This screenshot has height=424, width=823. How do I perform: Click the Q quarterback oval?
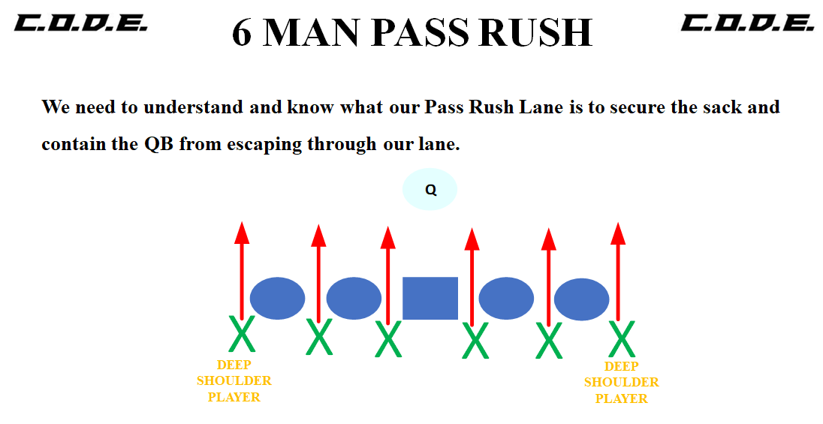[x=430, y=189]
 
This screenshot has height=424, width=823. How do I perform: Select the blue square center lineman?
[x=430, y=298]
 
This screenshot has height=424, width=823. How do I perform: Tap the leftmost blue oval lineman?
[x=277, y=298]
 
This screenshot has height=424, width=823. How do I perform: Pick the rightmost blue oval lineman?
[x=581, y=299]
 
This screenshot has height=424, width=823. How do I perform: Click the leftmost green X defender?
[x=242, y=335]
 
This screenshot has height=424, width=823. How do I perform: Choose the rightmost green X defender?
[x=622, y=339]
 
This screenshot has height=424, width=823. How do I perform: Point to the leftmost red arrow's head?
[x=242, y=233]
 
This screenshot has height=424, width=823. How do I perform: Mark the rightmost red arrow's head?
[x=618, y=233]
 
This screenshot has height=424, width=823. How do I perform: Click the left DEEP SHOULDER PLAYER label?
[x=234, y=381]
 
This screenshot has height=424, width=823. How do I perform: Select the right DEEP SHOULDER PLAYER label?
[x=622, y=383]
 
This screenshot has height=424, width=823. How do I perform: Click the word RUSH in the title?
[x=530, y=32]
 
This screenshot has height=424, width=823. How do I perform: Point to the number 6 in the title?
[x=241, y=32]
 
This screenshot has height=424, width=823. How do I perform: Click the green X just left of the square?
[x=388, y=340]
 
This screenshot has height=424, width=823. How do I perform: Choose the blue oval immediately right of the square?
[x=506, y=298]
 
